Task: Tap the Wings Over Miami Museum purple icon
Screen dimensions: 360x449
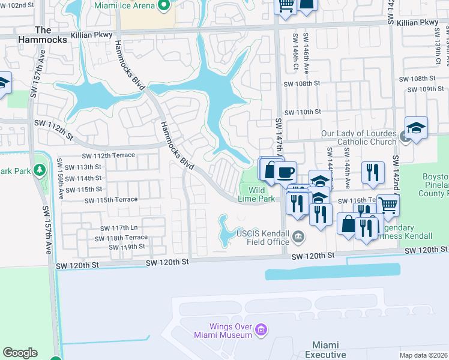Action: pyautogui.click(x=261, y=329)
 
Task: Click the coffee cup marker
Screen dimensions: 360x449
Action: pyautogui.click(x=285, y=172)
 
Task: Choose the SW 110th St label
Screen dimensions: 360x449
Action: pyautogui.click(x=303, y=112)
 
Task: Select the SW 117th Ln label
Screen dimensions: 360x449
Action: pyautogui.click(x=120, y=228)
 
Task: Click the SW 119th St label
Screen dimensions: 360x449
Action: pyautogui.click(x=127, y=247)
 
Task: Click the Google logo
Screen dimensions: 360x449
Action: pyautogui.click(x=20, y=353)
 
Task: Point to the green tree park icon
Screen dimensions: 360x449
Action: pyautogui.click(x=40, y=170)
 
